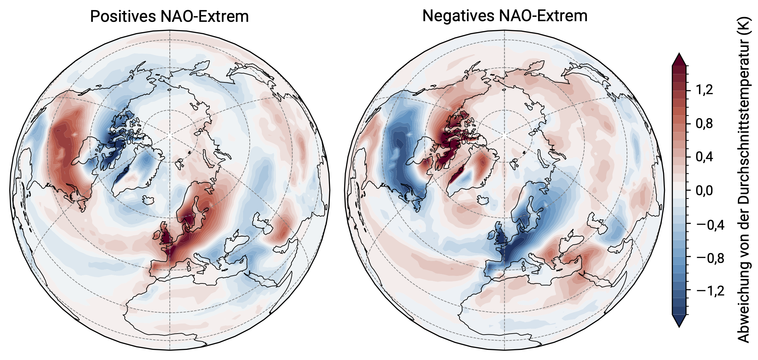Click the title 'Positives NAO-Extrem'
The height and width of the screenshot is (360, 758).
[x=169, y=16]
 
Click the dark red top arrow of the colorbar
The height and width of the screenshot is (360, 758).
[x=679, y=60]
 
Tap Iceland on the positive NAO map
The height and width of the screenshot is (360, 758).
[x=149, y=200]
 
